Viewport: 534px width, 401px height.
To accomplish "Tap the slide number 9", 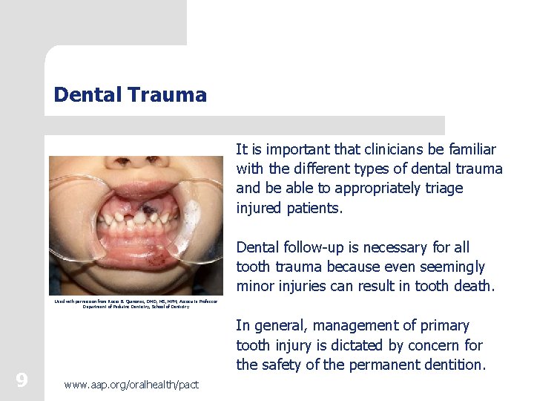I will (22, 380).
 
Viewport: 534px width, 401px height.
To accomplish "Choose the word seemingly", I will (452, 267).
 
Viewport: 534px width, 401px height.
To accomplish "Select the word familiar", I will (468, 150).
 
